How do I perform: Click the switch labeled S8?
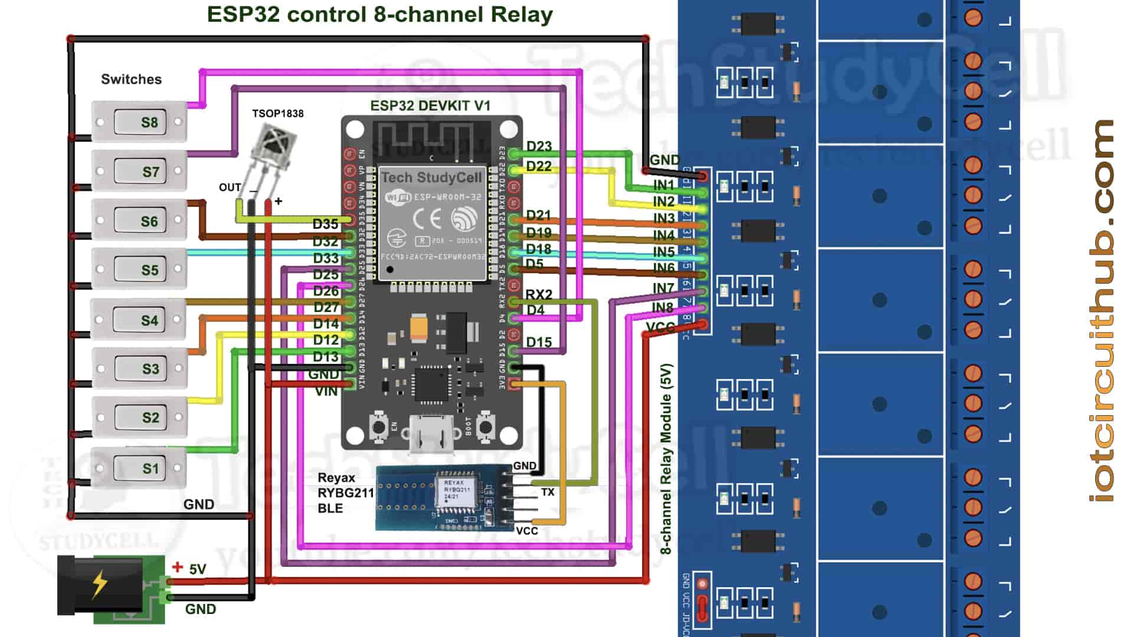click(139, 122)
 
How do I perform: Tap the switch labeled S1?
click(139, 469)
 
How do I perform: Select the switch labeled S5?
click(139, 270)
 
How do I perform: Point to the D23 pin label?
click(538, 146)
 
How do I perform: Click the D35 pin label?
click(325, 224)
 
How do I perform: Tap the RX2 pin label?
click(538, 294)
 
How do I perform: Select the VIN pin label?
click(326, 391)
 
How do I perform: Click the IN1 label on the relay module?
click(663, 185)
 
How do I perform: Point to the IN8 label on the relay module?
click(662, 307)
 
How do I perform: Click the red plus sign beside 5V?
click(177, 567)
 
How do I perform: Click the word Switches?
click(131, 79)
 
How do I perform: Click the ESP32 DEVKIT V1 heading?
click(430, 106)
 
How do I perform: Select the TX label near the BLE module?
click(548, 492)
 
